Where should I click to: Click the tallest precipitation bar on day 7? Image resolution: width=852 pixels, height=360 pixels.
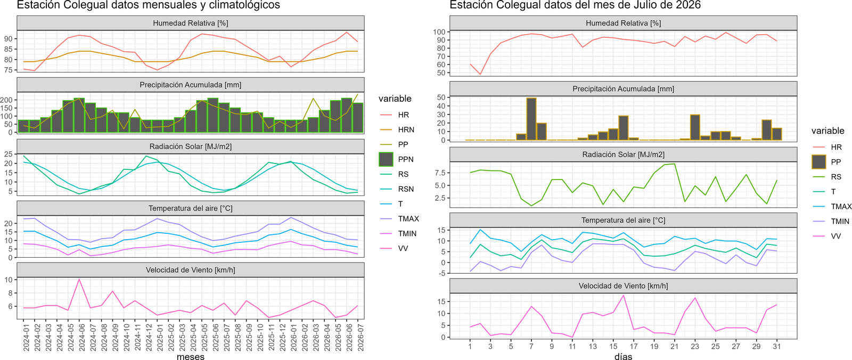pos(531,119)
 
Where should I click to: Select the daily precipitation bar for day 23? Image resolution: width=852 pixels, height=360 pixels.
pos(695,127)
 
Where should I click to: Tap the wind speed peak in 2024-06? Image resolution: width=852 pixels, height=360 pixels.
pos(79,280)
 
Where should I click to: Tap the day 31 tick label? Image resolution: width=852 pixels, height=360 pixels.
pos(777,346)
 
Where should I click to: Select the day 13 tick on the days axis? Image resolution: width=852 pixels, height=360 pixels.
pos(593,346)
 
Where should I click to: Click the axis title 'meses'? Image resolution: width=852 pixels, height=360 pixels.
pos(191,356)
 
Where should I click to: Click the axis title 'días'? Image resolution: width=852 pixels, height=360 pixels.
pos(623,356)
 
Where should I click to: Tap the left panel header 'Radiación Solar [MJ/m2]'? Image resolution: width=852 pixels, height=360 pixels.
pos(191,146)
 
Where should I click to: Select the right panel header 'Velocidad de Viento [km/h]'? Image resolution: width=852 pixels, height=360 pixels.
pos(623,286)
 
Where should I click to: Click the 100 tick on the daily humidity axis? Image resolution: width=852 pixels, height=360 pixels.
pos(439,32)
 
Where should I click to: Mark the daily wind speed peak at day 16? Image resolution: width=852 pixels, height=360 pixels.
pos(624,295)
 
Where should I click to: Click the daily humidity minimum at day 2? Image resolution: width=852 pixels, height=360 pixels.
pos(480,74)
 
